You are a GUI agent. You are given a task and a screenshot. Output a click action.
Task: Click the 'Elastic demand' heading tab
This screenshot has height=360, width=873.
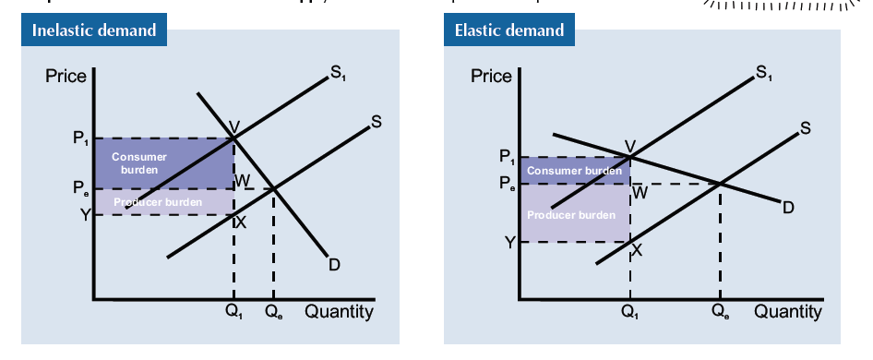point(509,30)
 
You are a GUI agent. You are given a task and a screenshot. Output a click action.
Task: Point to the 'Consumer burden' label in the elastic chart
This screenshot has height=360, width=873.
point(573,171)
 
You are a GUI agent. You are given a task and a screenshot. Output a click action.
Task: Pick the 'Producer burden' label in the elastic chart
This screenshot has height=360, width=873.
point(570,215)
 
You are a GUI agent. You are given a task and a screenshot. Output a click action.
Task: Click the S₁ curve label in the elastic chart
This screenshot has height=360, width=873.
point(762,72)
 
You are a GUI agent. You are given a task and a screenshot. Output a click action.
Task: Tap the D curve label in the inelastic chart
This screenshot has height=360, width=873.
point(334,265)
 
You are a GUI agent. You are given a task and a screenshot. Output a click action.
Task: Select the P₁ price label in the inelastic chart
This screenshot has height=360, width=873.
point(80,139)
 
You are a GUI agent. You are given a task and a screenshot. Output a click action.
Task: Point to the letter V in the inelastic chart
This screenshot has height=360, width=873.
point(234,126)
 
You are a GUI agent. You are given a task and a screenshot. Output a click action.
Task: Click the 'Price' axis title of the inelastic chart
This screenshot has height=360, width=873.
point(66,75)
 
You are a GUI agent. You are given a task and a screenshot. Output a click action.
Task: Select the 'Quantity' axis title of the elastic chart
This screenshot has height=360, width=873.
point(787,312)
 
